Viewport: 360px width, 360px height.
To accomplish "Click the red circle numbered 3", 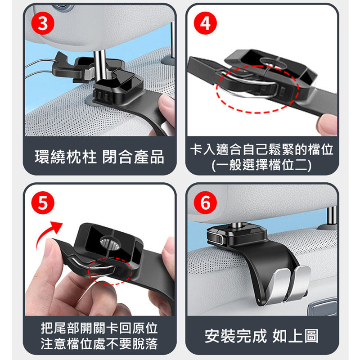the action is click(x=43, y=23).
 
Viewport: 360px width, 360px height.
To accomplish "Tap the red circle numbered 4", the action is click(x=205, y=23).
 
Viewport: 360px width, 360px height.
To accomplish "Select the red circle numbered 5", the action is click(x=43, y=203).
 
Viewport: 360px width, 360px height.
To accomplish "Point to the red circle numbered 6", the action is click(x=205, y=203).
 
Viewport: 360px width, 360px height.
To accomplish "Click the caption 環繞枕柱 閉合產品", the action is click(x=99, y=157).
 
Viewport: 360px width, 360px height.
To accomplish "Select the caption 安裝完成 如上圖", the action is click(x=262, y=336).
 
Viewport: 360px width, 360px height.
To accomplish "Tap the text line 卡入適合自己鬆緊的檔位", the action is click(x=262, y=150).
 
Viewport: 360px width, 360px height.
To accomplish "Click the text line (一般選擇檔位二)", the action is click(x=262, y=165).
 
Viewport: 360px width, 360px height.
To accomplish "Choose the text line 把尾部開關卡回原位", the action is click(x=99, y=328).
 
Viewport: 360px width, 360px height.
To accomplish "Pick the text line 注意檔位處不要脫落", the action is click(x=99, y=344).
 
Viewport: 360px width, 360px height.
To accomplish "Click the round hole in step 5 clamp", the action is click(x=110, y=243).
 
